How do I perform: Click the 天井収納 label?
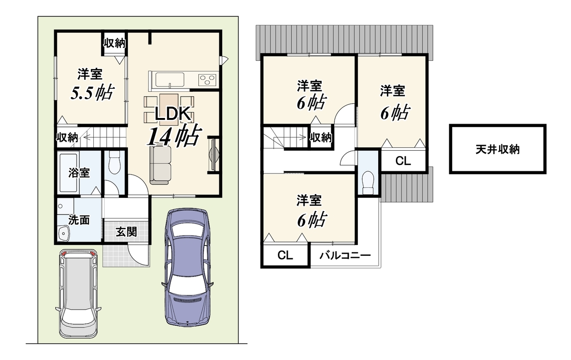pos(497,149)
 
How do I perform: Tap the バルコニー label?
pos(345,255)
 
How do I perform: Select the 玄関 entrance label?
pos(126,232)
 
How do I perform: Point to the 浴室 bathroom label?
pos(79,173)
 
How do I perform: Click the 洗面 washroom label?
pos(79,220)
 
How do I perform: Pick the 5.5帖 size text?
pos(92,92)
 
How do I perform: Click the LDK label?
pos(173,114)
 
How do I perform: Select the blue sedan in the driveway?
pos(187,267)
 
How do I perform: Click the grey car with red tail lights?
pos(78,293)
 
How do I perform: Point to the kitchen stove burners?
pos(207,79)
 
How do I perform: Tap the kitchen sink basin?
pos(170,80)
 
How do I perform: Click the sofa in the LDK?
pos(160,165)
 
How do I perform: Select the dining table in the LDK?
pos(169,109)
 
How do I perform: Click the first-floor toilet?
pos(114,162)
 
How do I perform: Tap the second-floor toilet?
pos(367,183)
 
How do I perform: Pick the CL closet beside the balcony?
pos(285,255)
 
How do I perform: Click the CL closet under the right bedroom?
pos(403,161)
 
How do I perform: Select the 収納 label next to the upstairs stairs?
pos(321,137)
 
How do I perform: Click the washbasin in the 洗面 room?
pos(63,234)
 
